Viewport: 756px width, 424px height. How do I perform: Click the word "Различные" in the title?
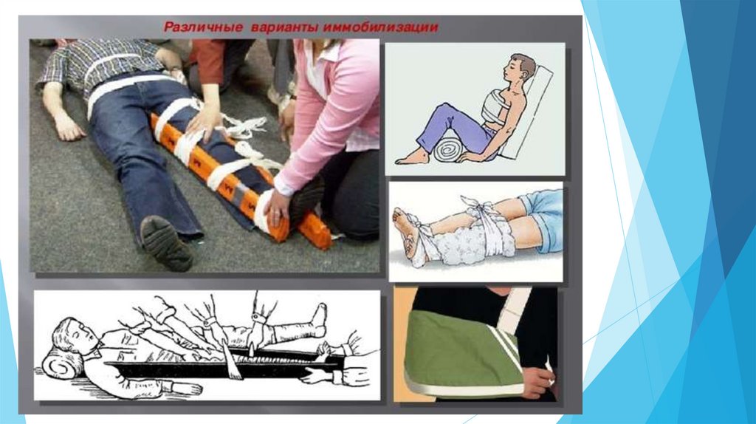point(203,27)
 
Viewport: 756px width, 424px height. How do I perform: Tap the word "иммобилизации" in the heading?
point(381,27)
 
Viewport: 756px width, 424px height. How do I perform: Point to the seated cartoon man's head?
point(520,70)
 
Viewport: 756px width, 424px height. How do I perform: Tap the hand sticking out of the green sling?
point(539,378)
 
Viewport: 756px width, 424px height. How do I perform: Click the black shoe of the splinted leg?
point(306,198)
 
